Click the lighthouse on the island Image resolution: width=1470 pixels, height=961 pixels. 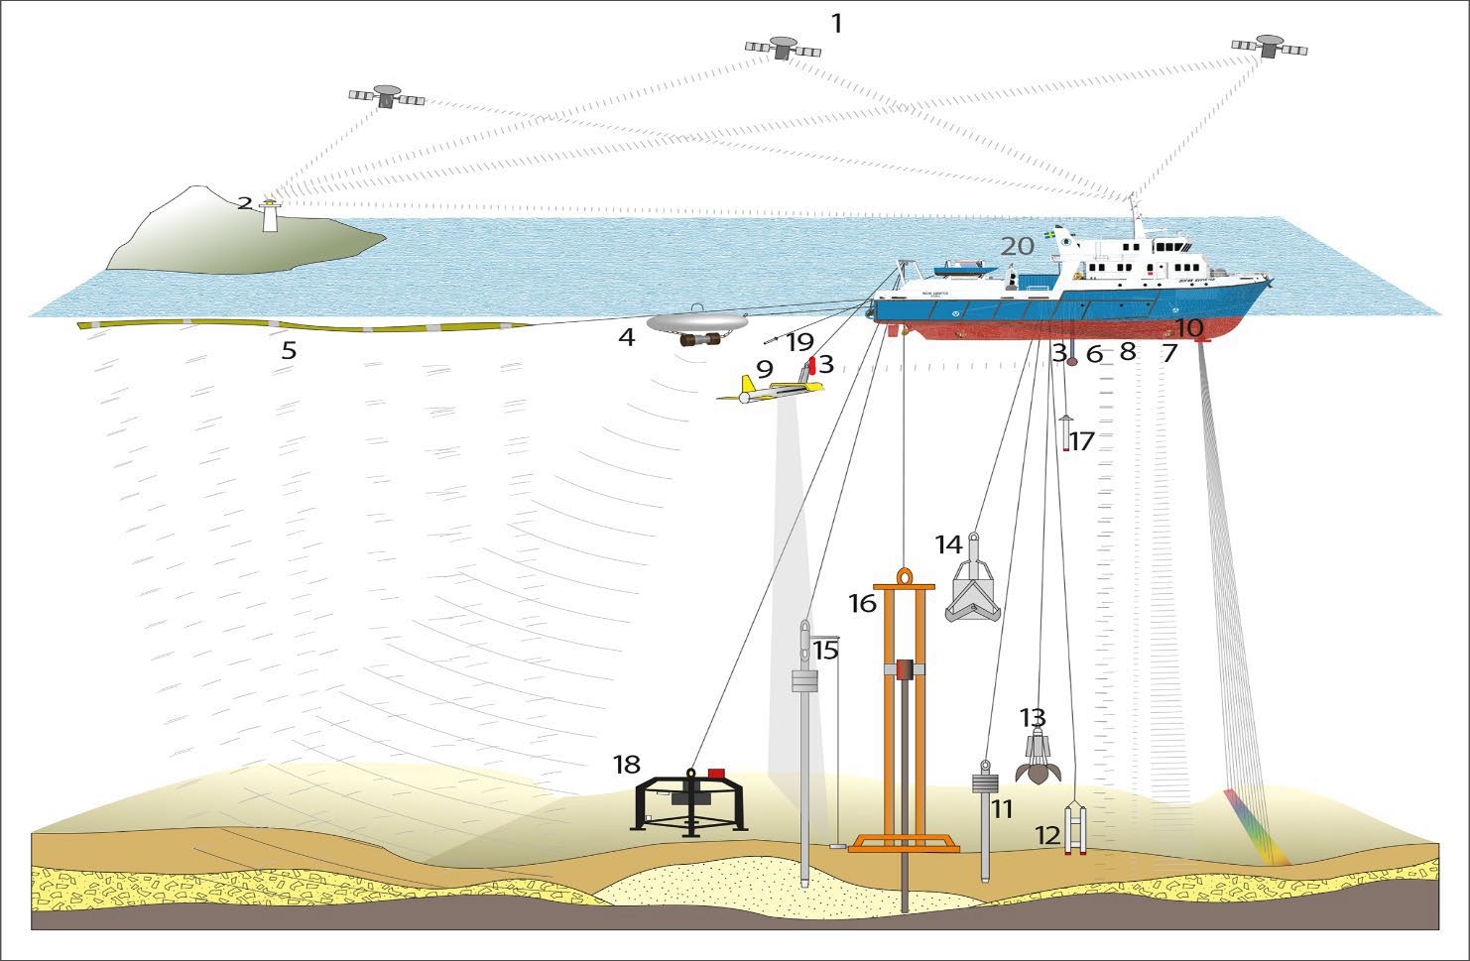click(x=268, y=215)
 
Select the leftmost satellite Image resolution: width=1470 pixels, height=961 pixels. click(x=387, y=96)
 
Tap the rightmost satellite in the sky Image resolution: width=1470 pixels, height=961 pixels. click(x=1269, y=46)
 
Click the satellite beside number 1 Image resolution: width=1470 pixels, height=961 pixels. click(x=782, y=47)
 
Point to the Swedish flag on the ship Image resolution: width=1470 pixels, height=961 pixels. click(x=1050, y=239)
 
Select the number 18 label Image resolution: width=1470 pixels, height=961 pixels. click(x=626, y=765)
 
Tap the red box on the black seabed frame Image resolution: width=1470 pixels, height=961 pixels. click(x=716, y=773)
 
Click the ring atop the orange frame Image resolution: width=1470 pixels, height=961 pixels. click(x=905, y=576)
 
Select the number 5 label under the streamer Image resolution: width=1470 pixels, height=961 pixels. click(x=289, y=350)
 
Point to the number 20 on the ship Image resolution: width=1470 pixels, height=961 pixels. click(x=1017, y=246)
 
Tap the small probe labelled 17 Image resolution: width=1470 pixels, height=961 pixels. click(x=1065, y=433)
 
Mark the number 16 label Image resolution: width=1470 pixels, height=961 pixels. click(x=862, y=602)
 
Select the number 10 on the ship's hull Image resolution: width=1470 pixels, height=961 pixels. click(x=1188, y=326)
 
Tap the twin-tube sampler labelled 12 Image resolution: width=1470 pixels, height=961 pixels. click(x=1075, y=829)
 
